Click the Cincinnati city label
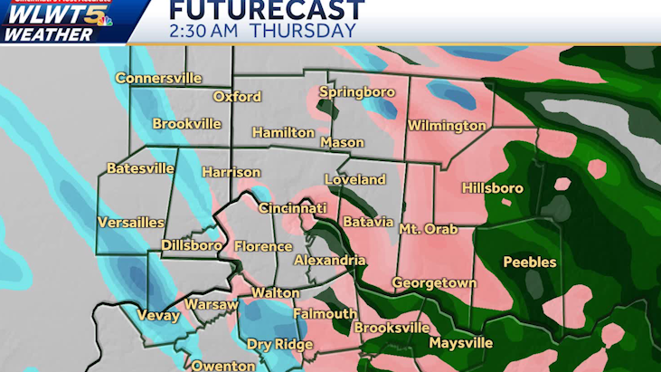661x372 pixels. [293, 208]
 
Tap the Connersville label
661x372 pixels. [158, 79]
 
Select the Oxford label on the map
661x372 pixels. [237, 97]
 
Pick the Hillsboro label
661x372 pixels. [493, 188]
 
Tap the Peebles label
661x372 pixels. [530, 262]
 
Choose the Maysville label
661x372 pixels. [461, 343]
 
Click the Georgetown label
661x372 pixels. [434, 283]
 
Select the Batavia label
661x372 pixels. [368, 222]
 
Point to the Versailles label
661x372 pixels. [131, 223]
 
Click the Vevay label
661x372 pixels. [159, 316]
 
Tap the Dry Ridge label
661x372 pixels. [278, 344]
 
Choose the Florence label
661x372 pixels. [263, 246]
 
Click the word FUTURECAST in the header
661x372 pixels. [267, 11]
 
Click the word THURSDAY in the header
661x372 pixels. [303, 31]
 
